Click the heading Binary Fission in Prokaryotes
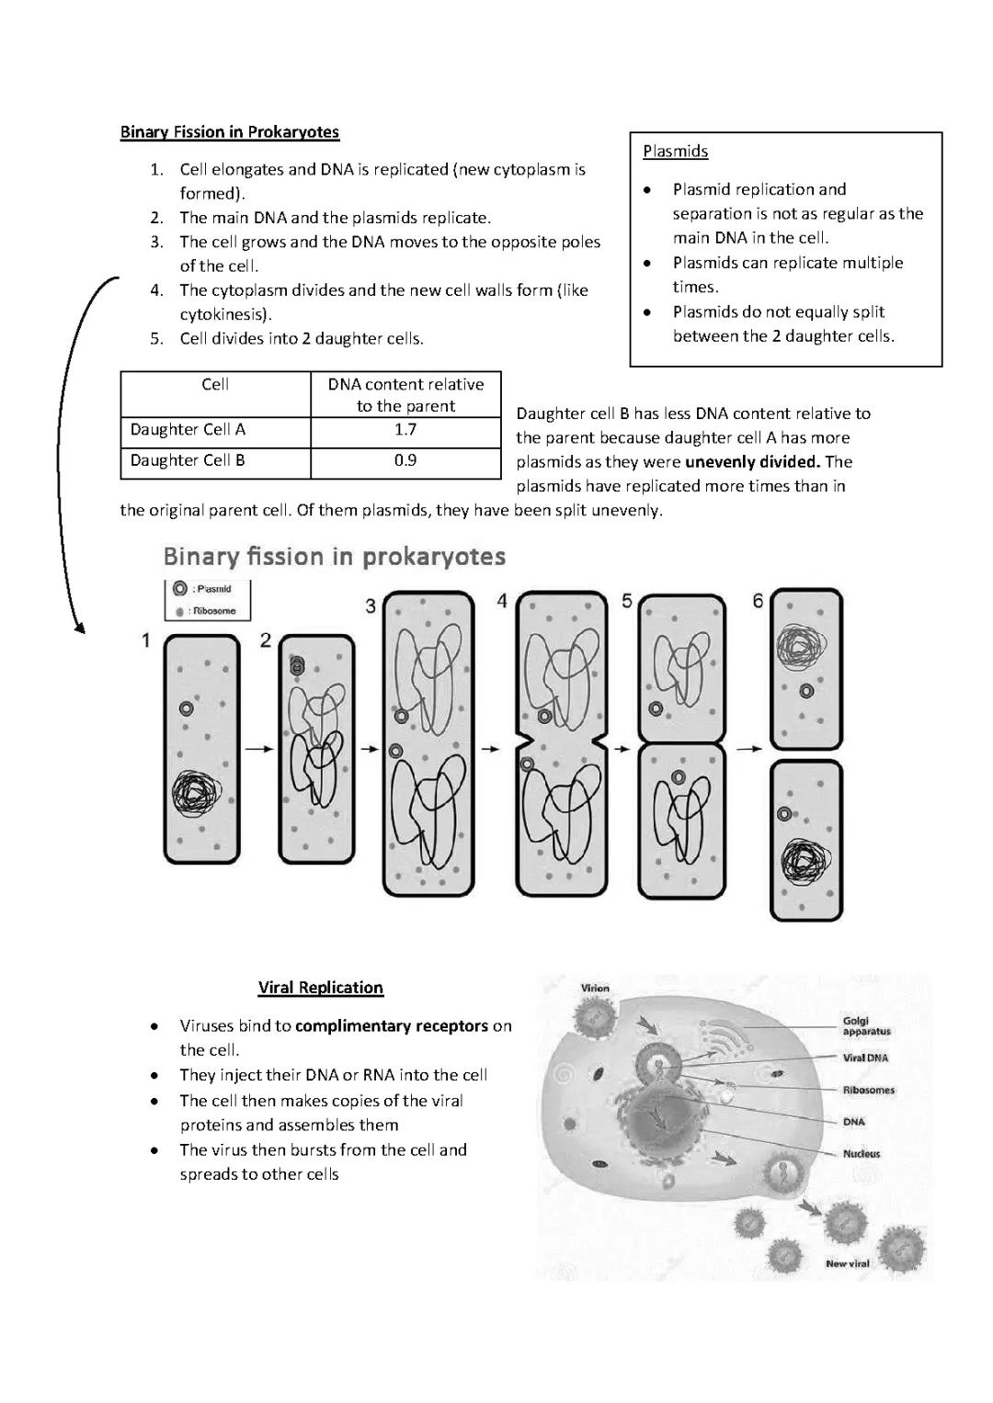coord(229,132)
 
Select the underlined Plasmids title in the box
coord(675,152)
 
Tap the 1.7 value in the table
coord(405,429)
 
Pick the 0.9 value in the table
coord(405,460)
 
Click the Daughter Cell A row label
coord(188,429)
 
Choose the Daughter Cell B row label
coord(188,460)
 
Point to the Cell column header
coord(215,384)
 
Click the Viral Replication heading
coord(320,988)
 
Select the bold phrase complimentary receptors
coord(392,1026)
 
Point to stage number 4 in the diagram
coord(502,601)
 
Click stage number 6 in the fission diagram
coord(758,601)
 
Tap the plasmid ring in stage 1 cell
coord(187,708)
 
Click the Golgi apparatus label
coord(866,1026)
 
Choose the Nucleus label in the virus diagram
coord(861,1154)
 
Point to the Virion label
coord(595,989)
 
